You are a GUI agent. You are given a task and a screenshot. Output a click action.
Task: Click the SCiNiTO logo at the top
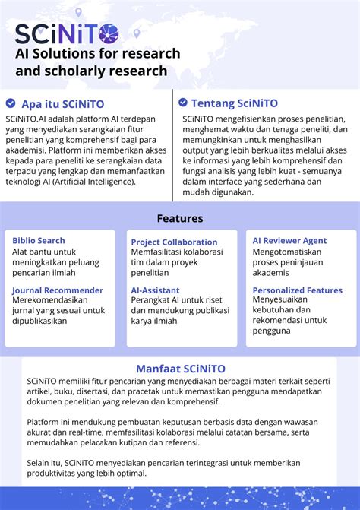point(68,33)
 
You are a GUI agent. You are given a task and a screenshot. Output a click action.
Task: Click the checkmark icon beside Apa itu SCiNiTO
point(11,103)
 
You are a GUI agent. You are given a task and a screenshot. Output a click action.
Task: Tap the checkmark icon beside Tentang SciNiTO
point(183,103)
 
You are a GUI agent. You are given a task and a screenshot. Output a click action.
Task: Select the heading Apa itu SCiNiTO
point(63,103)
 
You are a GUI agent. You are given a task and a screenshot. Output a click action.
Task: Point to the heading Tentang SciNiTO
point(235,103)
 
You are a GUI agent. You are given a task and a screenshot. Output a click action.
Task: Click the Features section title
point(180,218)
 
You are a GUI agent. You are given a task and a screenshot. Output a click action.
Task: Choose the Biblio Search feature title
point(39,241)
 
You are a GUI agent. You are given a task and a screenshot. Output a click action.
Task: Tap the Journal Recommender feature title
point(58,290)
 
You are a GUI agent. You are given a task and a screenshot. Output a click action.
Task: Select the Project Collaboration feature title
point(174,242)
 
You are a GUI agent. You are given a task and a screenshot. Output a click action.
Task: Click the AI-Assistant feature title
point(156,290)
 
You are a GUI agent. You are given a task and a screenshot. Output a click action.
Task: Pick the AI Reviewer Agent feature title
point(289,241)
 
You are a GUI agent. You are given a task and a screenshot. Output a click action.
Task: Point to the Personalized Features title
point(297,290)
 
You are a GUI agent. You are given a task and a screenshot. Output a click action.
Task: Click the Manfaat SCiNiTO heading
point(180,369)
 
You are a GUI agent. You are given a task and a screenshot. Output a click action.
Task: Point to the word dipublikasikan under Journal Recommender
point(39,321)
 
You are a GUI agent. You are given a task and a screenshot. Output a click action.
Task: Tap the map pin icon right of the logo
point(137,33)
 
